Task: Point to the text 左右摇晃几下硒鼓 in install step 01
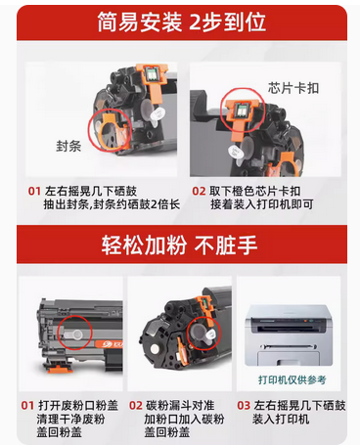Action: (x=86, y=191)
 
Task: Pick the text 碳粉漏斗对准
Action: (x=187, y=403)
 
